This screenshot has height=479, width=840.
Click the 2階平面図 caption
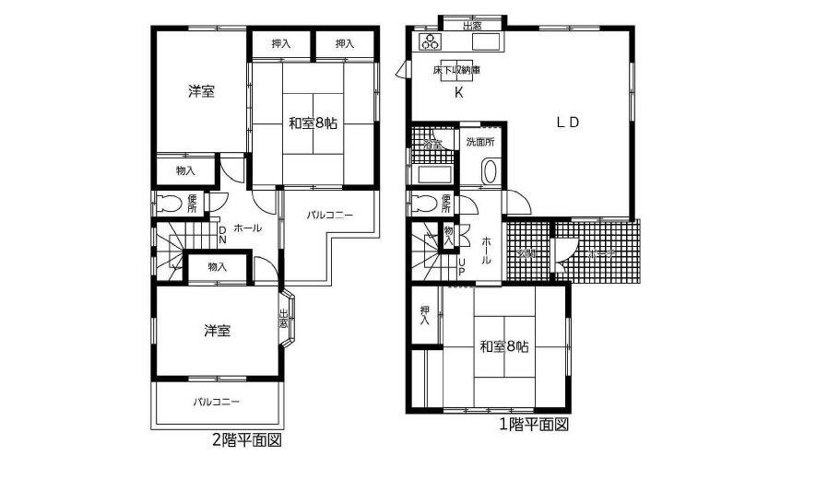click(x=247, y=441)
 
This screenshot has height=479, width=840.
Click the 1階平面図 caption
click(x=533, y=425)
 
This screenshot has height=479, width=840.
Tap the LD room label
click(x=566, y=123)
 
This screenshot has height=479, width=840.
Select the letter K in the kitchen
click(x=458, y=92)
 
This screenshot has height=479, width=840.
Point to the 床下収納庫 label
click(x=456, y=70)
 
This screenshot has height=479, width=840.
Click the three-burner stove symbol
click(x=431, y=41)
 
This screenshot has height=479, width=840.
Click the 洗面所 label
click(x=479, y=142)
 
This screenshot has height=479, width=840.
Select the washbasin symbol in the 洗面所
click(x=490, y=172)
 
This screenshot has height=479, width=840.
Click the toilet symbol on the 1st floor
click(x=426, y=204)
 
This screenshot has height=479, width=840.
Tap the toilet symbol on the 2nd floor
click(x=172, y=204)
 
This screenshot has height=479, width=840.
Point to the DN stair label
click(x=222, y=235)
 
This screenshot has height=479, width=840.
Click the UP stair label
click(x=463, y=265)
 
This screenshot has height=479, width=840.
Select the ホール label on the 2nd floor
click(x=247, y=228)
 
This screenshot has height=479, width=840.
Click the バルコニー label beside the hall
click(x=330, y=215)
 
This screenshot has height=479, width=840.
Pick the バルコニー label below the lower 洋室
click(x=217, y=403)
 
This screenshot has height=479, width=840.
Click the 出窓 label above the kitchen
click(x=471, y=25)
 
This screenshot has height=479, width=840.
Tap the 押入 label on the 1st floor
click(x=425, y=316)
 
